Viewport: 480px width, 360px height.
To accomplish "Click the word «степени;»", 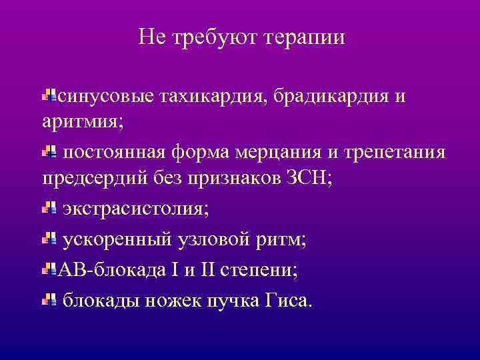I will tap(262, 270).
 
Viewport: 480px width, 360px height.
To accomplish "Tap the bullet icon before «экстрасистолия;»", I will tap(49, 209).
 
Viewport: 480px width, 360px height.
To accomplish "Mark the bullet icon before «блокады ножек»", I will tap(49, 301).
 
